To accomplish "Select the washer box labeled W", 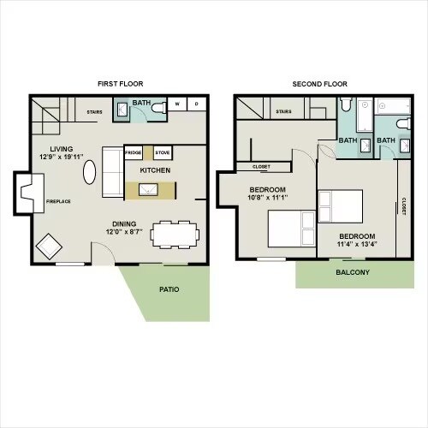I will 178,104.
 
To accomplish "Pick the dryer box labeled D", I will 196,104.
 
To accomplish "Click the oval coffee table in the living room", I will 89,173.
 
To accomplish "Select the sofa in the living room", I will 112,172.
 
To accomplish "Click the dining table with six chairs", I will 175,234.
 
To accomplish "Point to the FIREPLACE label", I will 58,201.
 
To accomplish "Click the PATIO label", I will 169,289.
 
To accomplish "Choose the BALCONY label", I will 353,273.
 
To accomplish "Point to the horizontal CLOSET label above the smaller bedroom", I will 261,167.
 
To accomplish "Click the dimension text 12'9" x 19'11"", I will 61,158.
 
